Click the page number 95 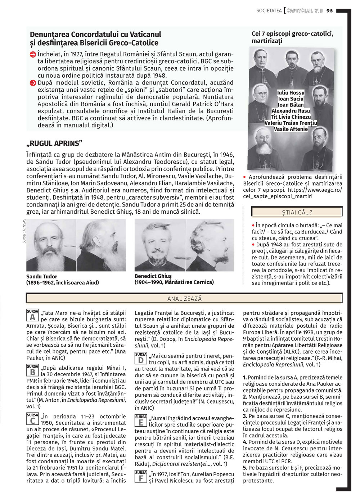click(x=330, y=11)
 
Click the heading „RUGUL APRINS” click(x=54, y=144)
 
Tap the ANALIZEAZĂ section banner click(x=184, y=299)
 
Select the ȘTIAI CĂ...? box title click(x=297, y=212)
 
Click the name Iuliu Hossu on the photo click(x=291, y=93)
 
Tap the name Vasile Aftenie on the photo click(x=291, y=129)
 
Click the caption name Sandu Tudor click(x=42, y=277)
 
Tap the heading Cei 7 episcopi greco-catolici click(x=292, y=34)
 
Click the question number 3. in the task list click(x=245, y=416)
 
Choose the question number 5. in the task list click(x=245, y=468)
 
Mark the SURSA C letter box click(x=32, y=419)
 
